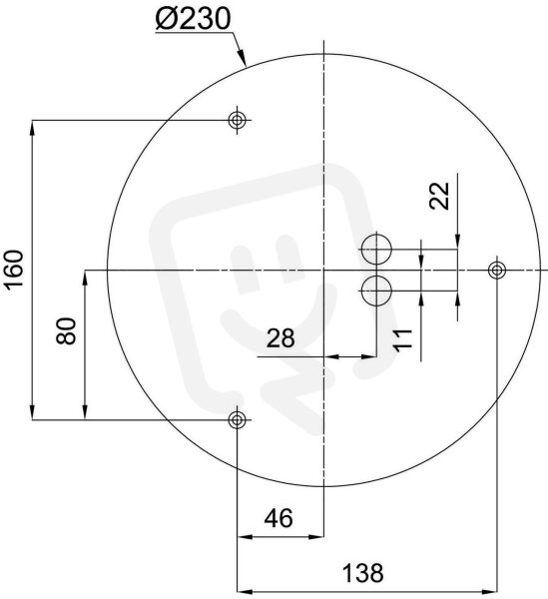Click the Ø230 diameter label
(194, 18)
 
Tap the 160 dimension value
(15, 269)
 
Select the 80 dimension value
(67, 331)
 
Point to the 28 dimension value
(280, 338)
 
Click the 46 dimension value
(279, 518)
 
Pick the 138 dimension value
(362, 573)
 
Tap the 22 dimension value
(439, 196)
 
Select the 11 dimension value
(403, 338)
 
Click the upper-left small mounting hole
(237, 121)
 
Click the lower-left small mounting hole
(237, 420)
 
